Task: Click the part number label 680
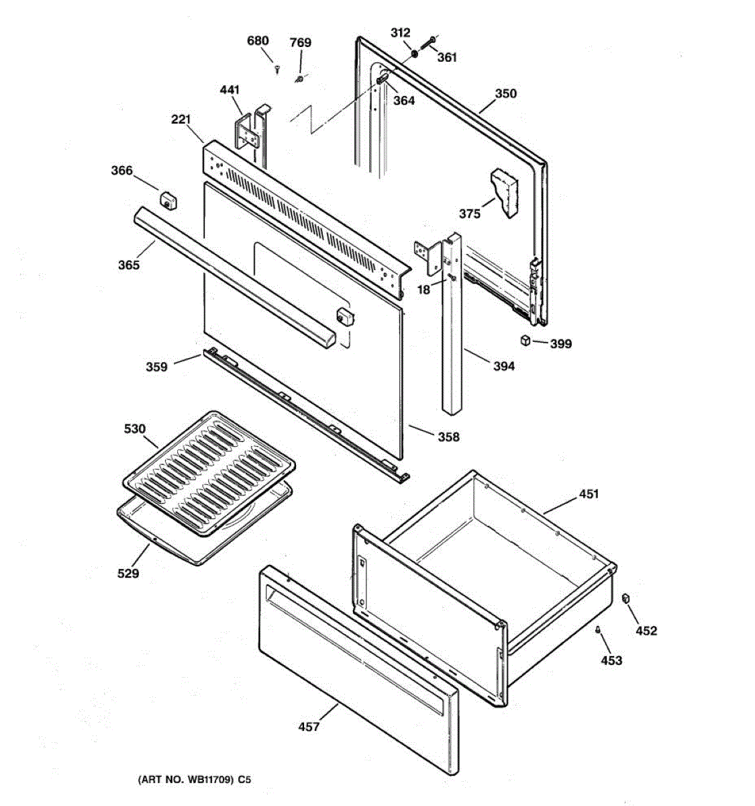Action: tap(258, 41)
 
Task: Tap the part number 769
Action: tap(300, 43)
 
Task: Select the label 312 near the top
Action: tap(400, 33)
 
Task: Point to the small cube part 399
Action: tap(525, 341)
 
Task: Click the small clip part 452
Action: tap(626, 598)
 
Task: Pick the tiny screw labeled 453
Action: tap(597, 629)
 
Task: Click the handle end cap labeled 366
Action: tap(166, 199)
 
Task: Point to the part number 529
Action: tap(128, 573)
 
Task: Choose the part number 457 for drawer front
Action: tap(309, 726)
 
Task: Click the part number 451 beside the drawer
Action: tap(589, 494)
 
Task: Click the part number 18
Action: tap(423, 290)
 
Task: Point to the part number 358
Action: tap(448, 437)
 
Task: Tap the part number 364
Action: tap(404, 101)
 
